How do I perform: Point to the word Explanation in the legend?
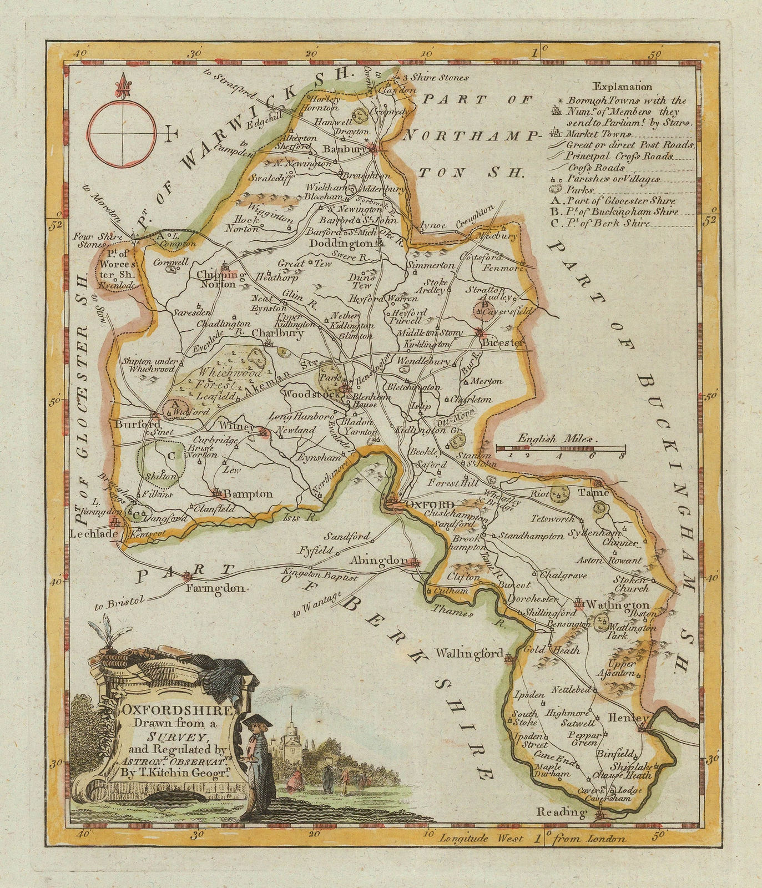coord(622,87)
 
